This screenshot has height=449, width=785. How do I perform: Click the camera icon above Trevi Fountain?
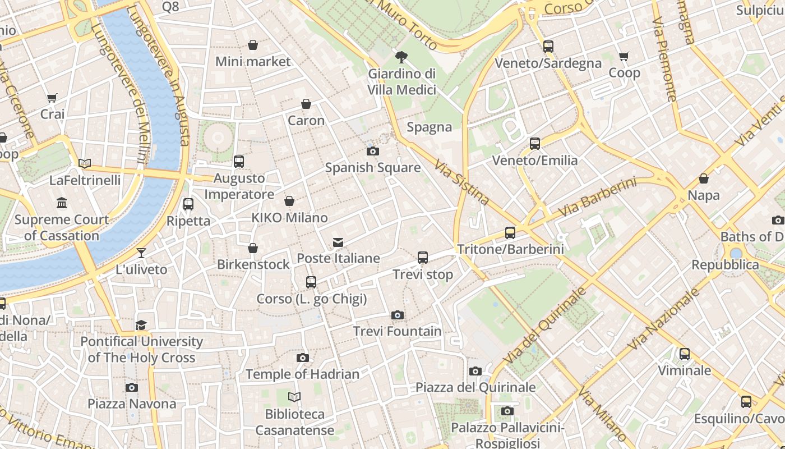(398, 315)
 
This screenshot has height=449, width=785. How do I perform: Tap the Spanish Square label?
(373, 167)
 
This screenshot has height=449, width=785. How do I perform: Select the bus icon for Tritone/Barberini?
(510, 232)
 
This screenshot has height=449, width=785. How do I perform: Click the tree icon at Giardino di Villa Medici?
(401, 57)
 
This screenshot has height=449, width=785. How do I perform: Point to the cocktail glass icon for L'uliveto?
(141, 253)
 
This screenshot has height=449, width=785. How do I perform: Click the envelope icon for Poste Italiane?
(338, 242)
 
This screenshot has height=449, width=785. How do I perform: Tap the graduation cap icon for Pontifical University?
(141, 325)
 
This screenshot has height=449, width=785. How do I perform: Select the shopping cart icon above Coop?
(624, 56)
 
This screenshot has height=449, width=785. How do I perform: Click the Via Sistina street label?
(461, 181)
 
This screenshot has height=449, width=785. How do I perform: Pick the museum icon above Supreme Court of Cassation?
(62, 203)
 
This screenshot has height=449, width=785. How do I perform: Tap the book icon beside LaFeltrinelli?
(85, 163)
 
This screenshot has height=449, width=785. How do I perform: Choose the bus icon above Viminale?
(684, 354)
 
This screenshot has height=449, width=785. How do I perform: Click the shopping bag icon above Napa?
(704, 178)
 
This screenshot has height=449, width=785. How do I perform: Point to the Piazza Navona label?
(132, 404)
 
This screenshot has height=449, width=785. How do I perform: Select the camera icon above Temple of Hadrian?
(303, 358)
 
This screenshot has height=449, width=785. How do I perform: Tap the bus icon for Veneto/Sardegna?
(548, 47)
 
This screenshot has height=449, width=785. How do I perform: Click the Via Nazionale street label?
(663, 319)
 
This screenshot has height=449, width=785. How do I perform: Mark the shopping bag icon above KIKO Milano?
(289, 201)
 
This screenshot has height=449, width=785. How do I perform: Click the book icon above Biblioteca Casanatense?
(294, 397)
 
